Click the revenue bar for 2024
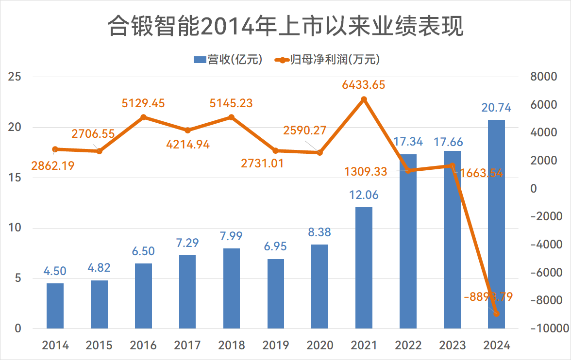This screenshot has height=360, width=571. [496, 224]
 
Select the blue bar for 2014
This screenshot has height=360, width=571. [55, 306]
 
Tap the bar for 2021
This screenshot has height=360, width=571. [364, 268]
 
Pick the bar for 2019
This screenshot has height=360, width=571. [276, 294]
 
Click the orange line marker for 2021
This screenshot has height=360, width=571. [364, 99]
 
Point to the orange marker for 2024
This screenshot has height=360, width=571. [496, 314]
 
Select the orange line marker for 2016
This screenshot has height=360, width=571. [143, 117]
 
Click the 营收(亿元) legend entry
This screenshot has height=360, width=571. [228, 60]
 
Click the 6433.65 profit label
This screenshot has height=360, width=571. [364, 85]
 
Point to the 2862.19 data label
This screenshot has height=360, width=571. [53, 165]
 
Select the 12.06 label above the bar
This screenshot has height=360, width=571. [364, 195]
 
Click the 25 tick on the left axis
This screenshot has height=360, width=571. [15, 77]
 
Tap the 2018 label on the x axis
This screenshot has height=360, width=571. [232, 345]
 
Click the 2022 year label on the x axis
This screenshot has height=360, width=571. [408, 345]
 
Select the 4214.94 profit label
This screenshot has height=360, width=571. [188, 144]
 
